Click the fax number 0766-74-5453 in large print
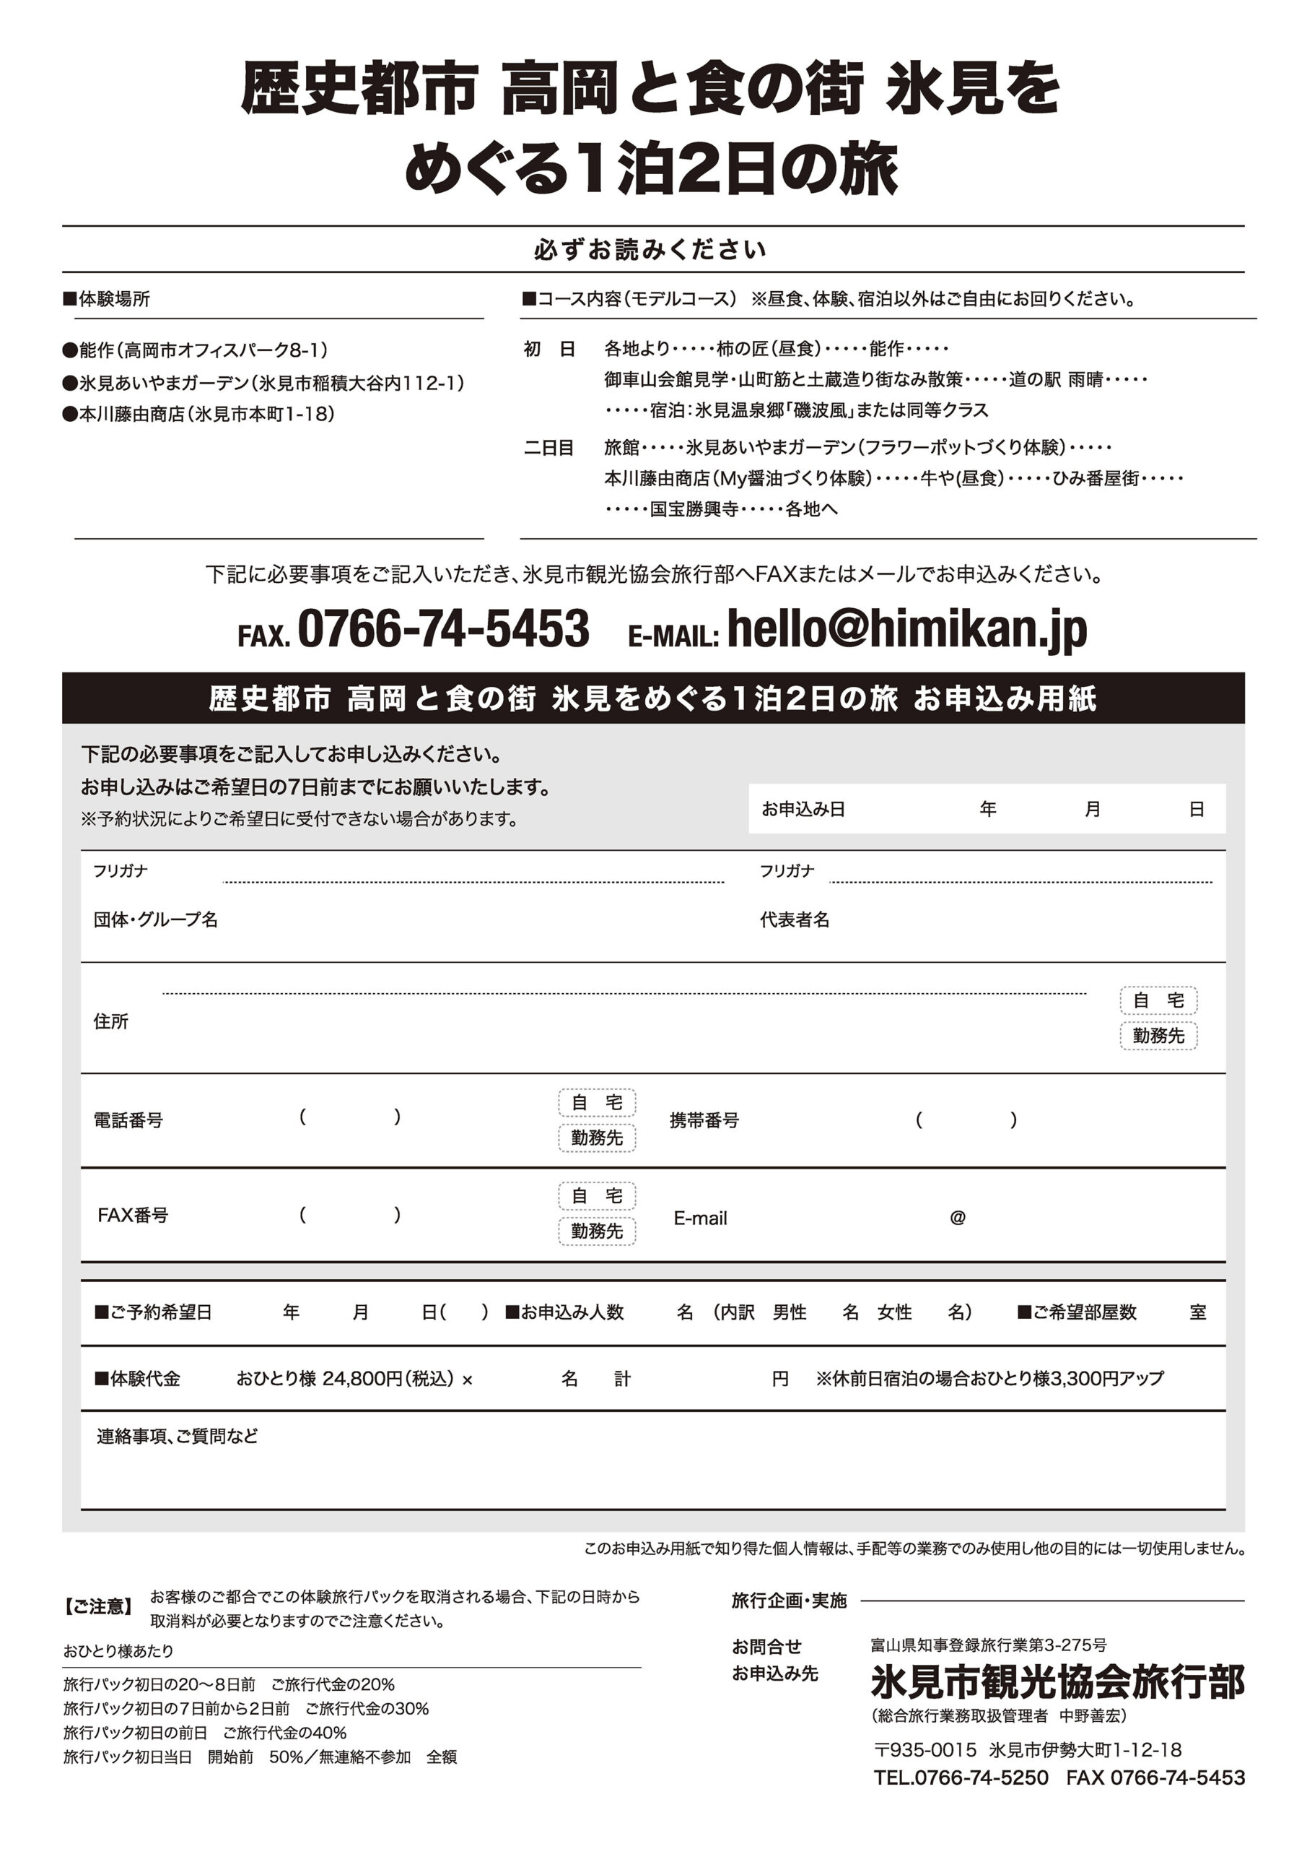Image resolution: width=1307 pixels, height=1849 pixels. click(x=442, y=629)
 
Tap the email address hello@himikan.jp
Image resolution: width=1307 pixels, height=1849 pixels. click(x=906, y=629)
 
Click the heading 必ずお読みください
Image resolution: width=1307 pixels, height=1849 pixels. click(x=650, y=250)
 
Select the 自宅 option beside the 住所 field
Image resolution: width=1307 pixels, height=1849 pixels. click(x=1158, y=1000)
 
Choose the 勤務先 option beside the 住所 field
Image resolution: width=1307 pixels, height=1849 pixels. click(x=1158, y=1036)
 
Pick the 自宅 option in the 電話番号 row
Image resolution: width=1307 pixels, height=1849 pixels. click(x=596, y=1102)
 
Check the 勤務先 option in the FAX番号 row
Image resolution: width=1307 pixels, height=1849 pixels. click(x=596, y=1231)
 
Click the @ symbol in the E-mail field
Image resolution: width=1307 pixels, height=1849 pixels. click(x=957, y=1218)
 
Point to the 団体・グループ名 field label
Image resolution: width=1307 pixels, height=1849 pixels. click(x=155, y=919)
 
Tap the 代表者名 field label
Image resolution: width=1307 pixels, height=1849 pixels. click(x=795, y=919)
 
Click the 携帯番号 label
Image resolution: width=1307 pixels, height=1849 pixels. click(x=704, y=1120)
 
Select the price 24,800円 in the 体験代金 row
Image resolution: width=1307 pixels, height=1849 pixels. click(x=362, y=1379)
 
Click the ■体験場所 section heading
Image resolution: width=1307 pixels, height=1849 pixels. click(x=107, y=299)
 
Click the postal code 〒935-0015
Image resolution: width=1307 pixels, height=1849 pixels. click(x=924, y=1749)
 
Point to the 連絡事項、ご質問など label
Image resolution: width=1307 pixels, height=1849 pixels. click(x=177, y=1437)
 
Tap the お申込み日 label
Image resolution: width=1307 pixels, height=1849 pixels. click(x=803, y=810)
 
